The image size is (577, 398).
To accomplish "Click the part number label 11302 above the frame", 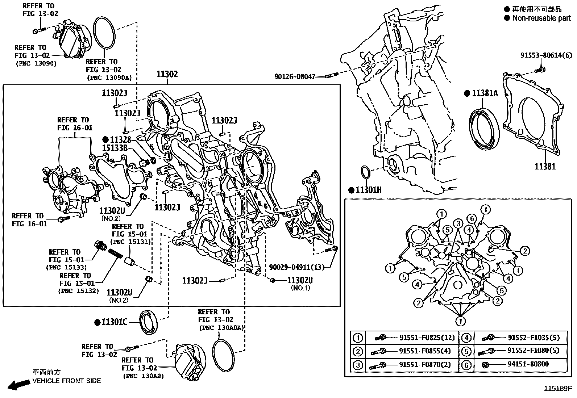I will pyautogui.click(x=167, y=75).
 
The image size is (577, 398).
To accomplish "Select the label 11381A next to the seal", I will pyautogui.click(x=485, y=93).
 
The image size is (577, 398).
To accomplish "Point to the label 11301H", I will pyautogui.click(x=368, y=190).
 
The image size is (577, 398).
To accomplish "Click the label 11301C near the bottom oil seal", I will pyautogui.click(x=114, y=322).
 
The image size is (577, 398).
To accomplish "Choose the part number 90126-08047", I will pyautogui.click(x=295, y=77).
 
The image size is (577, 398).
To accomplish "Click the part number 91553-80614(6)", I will pyautogui.click(x=546, y=55).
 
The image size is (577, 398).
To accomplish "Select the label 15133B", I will pyautogui.click(x=115, y=148).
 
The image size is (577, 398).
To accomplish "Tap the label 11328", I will pyautogui.click(x=120, y=139).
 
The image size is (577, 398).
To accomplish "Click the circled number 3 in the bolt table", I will pyautogui.click(x=358, y=365).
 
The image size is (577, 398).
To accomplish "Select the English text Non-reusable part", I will pyautogui.click(x=541, y=18).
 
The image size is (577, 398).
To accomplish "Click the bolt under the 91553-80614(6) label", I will pyautogui.click(x=541, y=69).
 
